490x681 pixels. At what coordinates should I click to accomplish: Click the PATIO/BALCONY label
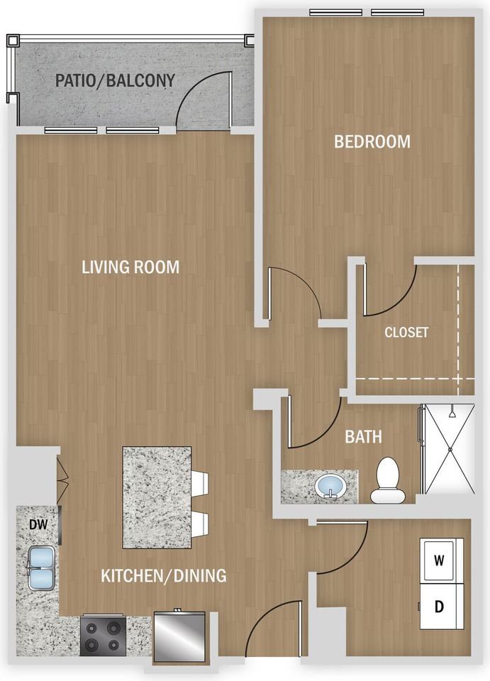(x=115, y=81)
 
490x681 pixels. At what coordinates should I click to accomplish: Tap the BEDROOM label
(x=372, y=142)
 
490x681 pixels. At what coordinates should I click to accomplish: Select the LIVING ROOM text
(x=130, y=267)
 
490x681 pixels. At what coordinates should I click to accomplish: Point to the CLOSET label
(x=406, y=332)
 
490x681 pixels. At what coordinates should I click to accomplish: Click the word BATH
(x=363, y=437)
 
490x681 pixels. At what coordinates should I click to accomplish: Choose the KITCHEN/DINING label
(x=164, y=575)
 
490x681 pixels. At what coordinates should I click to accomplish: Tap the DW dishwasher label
(x=38, y=525)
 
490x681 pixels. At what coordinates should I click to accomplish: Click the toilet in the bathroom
(x=389, y=481)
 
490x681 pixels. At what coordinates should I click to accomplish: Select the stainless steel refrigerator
(x=179, y=637)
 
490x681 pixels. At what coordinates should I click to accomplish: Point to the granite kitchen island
(x=157, y=498)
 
